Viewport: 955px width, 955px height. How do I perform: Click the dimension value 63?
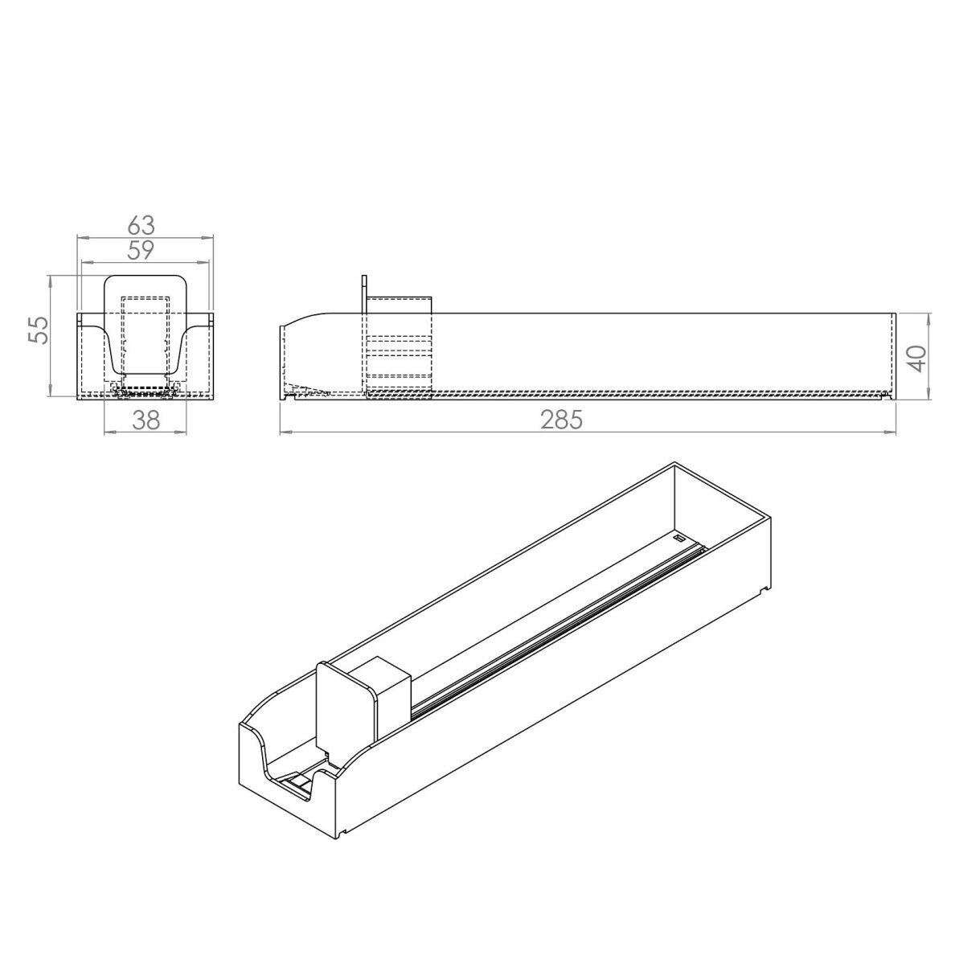tap(141, 225)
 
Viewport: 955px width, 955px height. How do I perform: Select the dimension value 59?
tap(141, 250)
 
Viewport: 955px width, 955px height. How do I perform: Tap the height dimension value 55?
tap(39, 330)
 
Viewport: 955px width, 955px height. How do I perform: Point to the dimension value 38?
tap(146, 420)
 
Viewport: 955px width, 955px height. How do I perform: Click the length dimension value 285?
tap(562, 420)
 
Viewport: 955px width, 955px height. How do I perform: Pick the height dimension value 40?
tap(917, 359)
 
